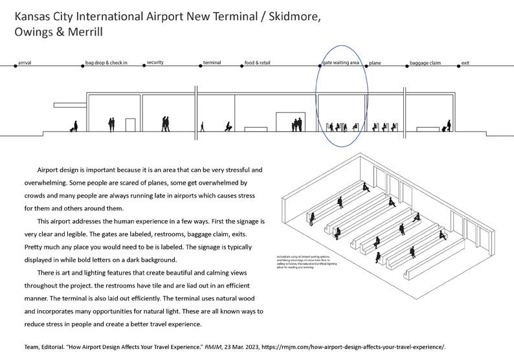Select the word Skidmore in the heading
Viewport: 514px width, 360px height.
[x=291, y=16]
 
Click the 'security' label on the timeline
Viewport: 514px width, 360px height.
[x=155, y=62]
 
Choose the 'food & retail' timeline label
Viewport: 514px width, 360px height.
[x=258, y=63]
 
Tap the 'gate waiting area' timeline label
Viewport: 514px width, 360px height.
[x=340, y=63]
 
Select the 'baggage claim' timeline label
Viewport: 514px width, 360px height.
[x=425, y=63]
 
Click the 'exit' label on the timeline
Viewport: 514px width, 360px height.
[x=465, y=63]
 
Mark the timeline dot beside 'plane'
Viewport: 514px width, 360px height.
[x=366, y=65]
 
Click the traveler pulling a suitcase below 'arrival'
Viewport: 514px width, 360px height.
[x=74, y=127]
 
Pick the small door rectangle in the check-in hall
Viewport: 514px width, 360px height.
[x=130, y=126]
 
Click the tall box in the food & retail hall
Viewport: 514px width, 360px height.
[x=285, y=122]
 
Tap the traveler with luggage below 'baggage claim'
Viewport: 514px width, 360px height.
[x=446, y=126]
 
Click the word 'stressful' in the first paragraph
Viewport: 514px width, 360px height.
[x=234, y=170]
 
